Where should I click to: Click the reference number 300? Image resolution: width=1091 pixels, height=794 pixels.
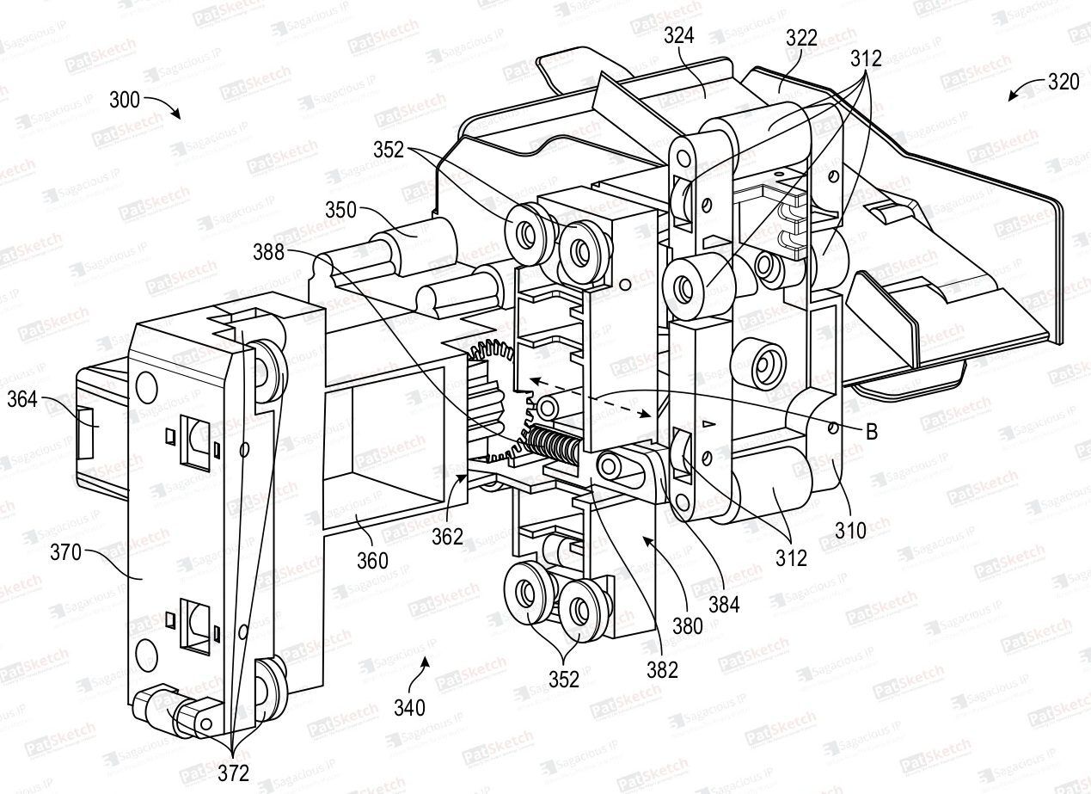click(125, 100)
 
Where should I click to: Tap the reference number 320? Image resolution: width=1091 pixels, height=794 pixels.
click(1063, 83)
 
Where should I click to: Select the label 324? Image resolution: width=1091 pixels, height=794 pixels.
click(679, 36)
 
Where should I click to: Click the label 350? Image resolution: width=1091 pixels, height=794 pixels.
click(341, 211)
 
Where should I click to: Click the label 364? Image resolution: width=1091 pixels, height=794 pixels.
click(24, 400)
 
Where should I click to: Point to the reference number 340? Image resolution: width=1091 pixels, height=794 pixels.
click(409, 707)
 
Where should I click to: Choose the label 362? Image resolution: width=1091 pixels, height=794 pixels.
click(447, 537)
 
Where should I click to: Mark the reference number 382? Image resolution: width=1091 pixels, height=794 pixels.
click(663, 668)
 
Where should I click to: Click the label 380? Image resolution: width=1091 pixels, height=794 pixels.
click(688, 625)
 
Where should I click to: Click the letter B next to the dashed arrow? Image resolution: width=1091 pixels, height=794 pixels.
click(871, 433)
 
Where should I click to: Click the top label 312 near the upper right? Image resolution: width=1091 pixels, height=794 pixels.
click(866, 58)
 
